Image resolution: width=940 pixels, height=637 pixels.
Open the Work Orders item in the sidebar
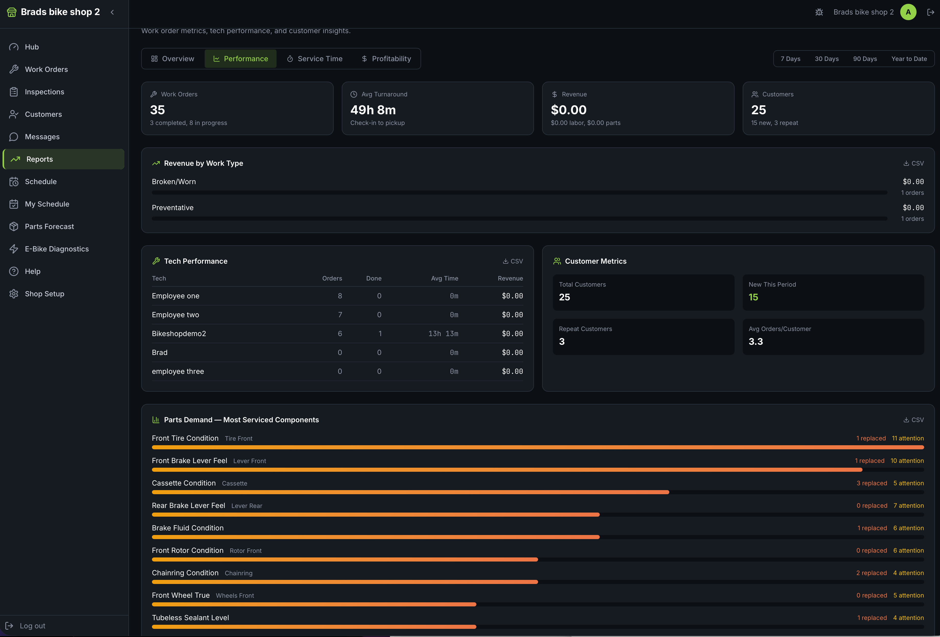click(x=46, y=69)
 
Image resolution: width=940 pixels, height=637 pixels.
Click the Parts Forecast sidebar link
click(x=49, y=226)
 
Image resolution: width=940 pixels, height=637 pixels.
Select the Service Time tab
click(x=315, y=59)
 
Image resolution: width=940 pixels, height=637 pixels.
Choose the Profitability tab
click(x=386, y=59)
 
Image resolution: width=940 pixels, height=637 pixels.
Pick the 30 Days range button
click(x=826, y=59)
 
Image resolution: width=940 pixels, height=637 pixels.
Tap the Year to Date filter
click(x=909, y=59)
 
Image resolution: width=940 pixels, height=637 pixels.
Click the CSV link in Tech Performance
click(x=513, y=261)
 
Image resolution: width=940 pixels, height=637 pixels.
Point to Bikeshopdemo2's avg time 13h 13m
click(x=443, y=334)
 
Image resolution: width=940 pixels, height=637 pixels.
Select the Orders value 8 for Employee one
click(x=340, y=296)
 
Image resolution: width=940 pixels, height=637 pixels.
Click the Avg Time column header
click(x=445, y=278)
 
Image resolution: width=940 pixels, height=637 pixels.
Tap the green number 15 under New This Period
click(x=753, y=297)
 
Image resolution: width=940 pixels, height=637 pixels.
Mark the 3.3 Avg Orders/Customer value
click(x=755, y=341)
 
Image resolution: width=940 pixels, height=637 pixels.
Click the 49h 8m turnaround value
click(x=373, y=110)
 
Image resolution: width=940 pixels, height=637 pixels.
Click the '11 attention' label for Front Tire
click(x=908, y=438)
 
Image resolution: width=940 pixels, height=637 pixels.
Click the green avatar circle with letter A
click(x=908, y=12)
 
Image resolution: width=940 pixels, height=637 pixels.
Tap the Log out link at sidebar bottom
click(x=32, y=626)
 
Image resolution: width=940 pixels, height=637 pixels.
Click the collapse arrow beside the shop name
click(x=112, y=12)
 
